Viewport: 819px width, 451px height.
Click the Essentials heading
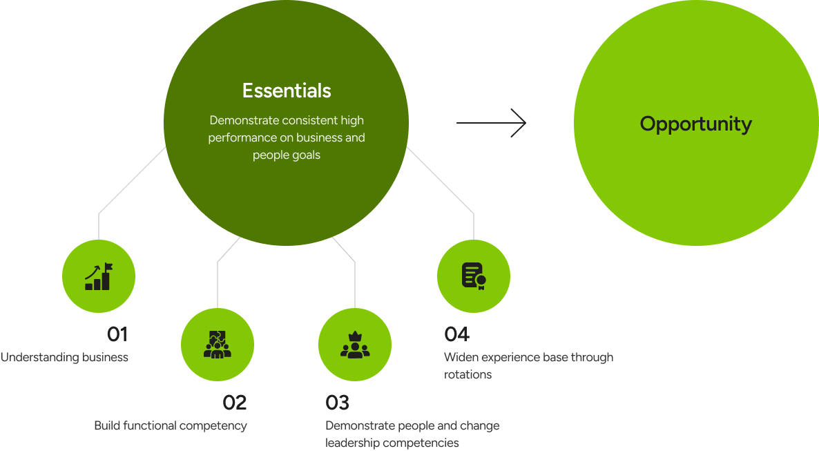tap(287, 90)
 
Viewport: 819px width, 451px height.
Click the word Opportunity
tap(695, 124)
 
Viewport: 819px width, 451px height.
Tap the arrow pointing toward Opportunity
tap(491, 124)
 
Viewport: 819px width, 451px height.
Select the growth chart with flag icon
tap(98, 276)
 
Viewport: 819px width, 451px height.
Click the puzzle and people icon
tap(218, 344)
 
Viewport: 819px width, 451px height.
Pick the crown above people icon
tap(355, 344)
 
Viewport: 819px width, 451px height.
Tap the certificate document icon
tap(474, 276)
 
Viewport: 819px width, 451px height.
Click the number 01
tap(117, 335)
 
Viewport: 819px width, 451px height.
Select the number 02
tap(234, 403)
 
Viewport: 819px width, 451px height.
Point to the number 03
tap(337, 403)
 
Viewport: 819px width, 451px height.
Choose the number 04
tap(456, 335)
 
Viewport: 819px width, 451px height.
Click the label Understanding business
tap(64, 358)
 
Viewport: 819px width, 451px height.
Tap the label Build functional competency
tap(170, 425)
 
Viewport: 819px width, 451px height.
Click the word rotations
tap(468, 375)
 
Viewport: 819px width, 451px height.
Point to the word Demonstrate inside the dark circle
tap(244, 119)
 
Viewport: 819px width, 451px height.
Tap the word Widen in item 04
tap(461, 358)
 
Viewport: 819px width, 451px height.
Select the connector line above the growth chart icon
tap(99, 224)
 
